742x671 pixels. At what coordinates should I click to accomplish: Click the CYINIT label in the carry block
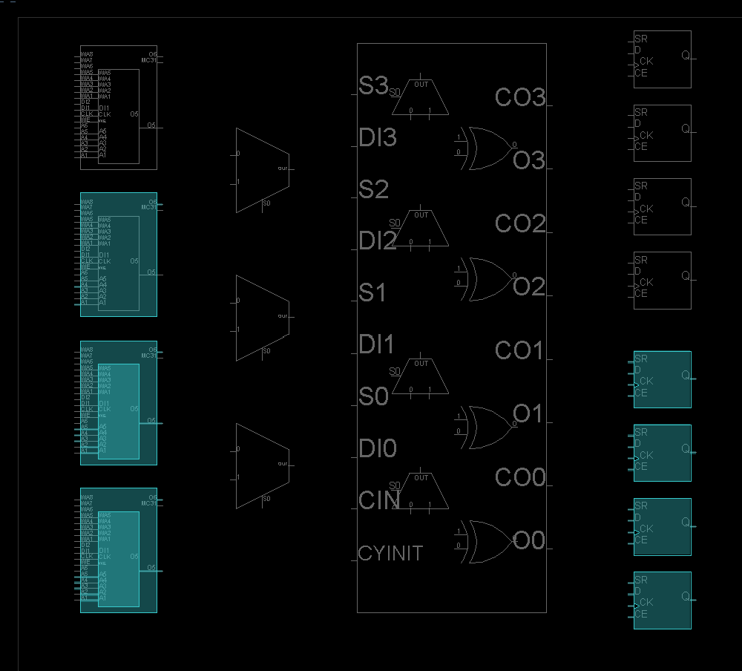tap(390, 553)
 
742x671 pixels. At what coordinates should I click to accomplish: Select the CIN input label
tap(379, 500)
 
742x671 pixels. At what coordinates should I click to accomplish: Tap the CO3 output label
tap(519, 97)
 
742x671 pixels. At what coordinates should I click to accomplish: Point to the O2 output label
tap(529, 287)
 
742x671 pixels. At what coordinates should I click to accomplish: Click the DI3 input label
tap(377, 137)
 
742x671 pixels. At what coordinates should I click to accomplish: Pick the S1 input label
tap(372, 293)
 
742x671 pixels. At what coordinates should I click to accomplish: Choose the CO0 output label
tap(519, 477)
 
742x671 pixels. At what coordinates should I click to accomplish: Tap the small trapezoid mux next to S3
tap(421, 99)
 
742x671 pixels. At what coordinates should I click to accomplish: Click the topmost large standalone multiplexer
tap(262, 170)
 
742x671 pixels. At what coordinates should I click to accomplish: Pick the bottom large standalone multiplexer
tap(262, 465)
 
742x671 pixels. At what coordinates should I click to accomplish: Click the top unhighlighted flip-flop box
tap(662, 59)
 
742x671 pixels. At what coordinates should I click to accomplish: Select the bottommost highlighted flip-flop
tap(662, 600)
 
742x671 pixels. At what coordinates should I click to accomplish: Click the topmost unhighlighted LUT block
tap(119, 108)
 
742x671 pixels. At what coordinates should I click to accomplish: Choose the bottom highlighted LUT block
tap(119, 550)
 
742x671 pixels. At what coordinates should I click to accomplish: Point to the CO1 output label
tap(519, 350)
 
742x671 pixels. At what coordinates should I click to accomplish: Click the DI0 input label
tap(377, 448)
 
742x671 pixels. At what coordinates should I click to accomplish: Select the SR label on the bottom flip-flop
tap(641, 580)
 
